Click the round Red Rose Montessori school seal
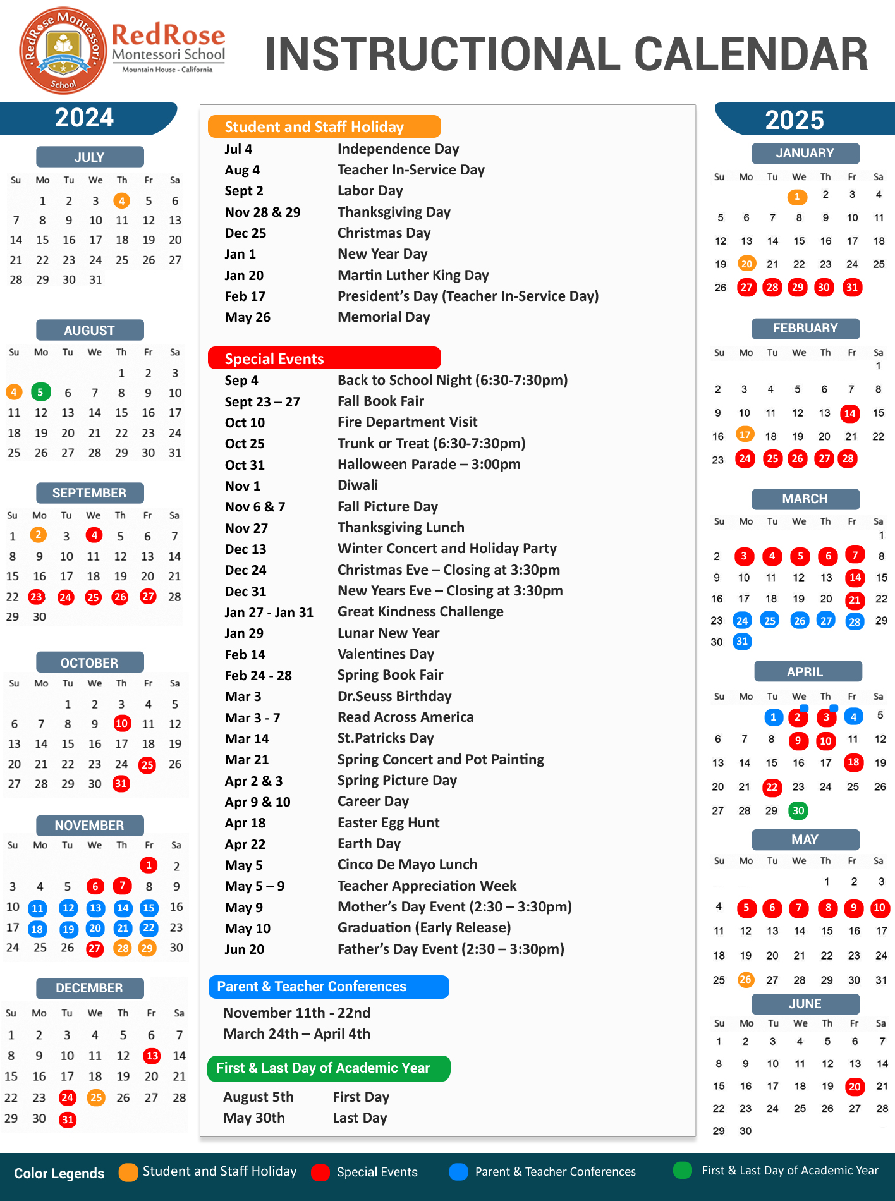(63, 51)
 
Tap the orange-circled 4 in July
(121, 201)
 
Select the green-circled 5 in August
(40, 392)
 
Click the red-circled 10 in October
(121, 723)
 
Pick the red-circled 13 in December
(152, 1056)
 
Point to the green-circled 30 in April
(798, 810)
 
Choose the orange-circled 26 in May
(746, 980)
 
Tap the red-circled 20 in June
(855, 1087)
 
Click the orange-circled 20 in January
(746, 264)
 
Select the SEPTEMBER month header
(90, 493)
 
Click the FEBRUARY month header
(805, 329)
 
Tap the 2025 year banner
(795, 119)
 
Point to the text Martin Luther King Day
(413, 275)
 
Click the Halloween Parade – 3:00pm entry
(429, 464)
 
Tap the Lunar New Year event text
(388, 633)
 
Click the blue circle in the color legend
(458, 1172)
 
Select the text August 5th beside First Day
(258, 1097)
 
